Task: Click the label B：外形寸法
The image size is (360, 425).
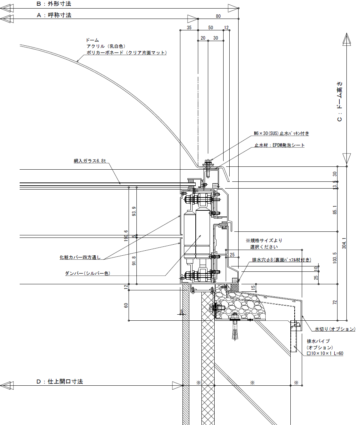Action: click(x=54, y=4)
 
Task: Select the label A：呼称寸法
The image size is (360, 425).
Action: click(x=54, y=15)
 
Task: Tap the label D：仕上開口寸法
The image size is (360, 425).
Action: click(x=60, y=381)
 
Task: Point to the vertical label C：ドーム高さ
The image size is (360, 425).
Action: click(x=340, y=102)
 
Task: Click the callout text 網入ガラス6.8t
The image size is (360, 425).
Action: click(x=90, y=161)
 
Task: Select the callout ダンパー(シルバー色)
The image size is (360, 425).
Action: click(x=87, y=273)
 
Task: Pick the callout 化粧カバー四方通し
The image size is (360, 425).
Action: click(x=80, y=257)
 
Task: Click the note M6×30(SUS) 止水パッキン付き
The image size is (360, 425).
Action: click(x=281, y=133)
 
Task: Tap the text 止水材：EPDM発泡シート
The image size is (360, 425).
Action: click(x=280, y=145)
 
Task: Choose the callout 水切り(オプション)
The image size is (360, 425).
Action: click(x=335, y=329)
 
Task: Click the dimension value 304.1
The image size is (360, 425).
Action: click(x=344, y=243)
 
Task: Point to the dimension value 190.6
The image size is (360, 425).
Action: click(x=126, y=236)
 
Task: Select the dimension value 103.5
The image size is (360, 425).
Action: click(x=335, y=258)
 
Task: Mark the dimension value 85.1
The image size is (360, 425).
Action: click(x=335, y=210)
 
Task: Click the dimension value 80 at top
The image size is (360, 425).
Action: click(x=218, y=16)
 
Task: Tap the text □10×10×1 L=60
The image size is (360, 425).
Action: click(x=325, y=354)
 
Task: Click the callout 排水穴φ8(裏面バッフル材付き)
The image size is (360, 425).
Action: click(x=282, y=260)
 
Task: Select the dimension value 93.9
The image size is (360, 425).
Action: click(x=134, y=211)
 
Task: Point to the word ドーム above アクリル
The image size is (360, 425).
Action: click(x=92, y=40)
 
